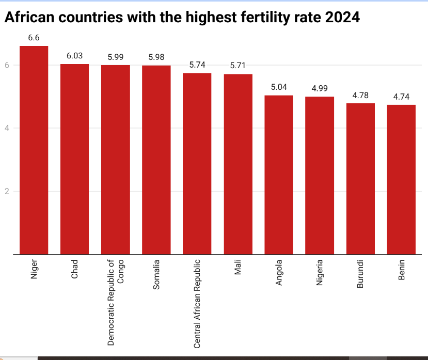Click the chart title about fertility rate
[182, 17]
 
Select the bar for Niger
[34, 150]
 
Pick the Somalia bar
[156, 160]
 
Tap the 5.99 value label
[115, 57]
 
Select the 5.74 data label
[197, 65]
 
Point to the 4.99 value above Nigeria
[320, 88]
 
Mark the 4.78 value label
[360, 95]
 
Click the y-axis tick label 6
[8, 65]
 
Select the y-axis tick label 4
[8, 128]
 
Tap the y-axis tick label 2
[8, 192]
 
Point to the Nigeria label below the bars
[320, 274]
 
